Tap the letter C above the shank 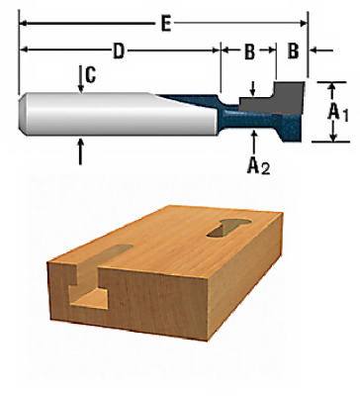[x=89, y=73]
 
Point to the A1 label [x=338, y=113]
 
